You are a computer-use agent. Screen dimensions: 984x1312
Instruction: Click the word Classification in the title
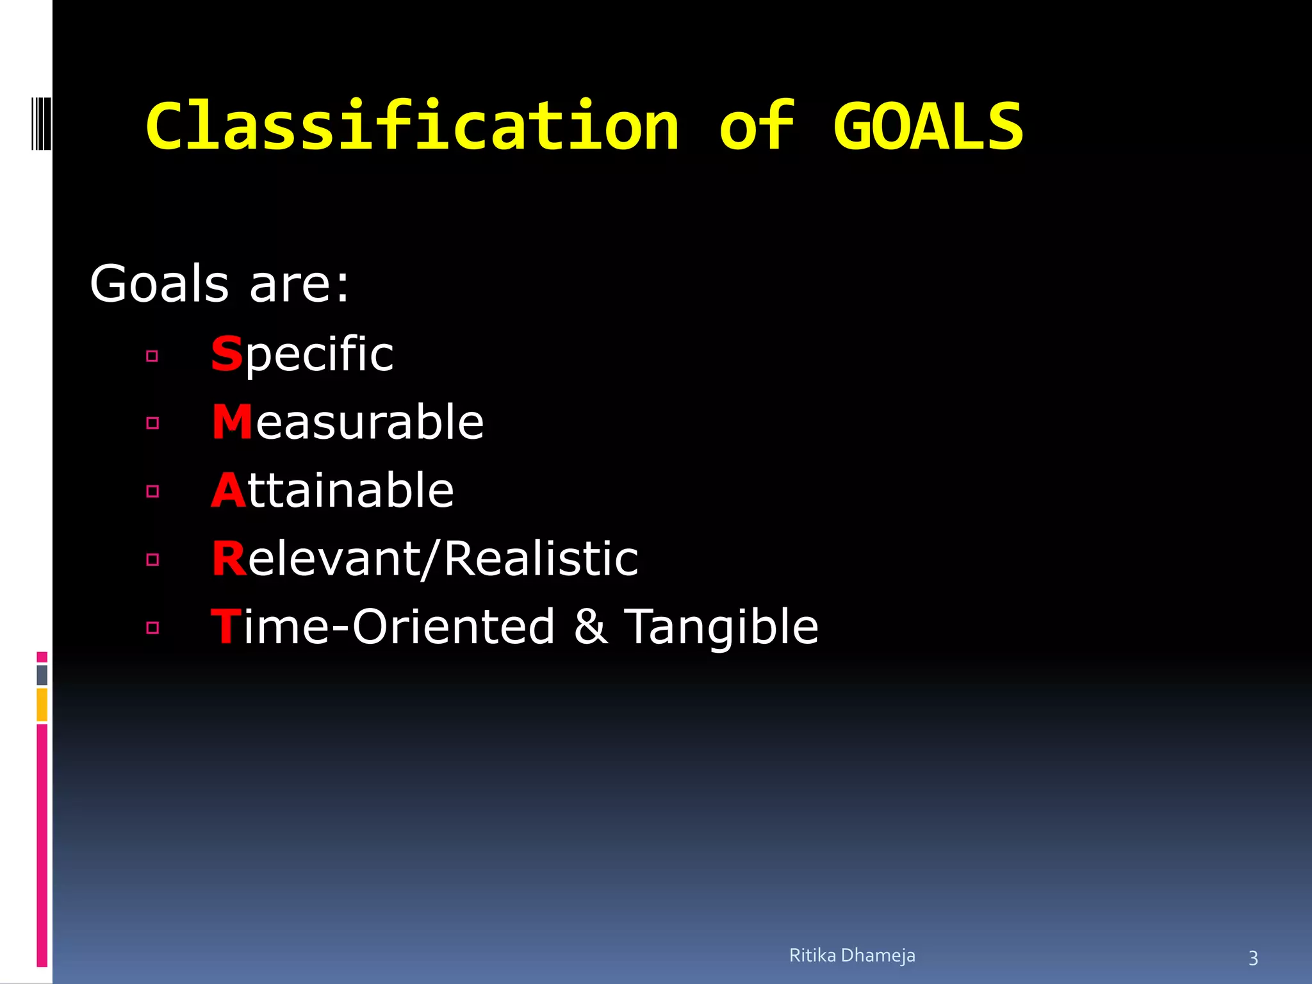tap(412, 126)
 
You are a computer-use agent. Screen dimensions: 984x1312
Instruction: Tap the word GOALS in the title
tap(928, 127)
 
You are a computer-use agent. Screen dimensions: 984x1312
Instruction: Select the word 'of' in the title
tap(757, 126)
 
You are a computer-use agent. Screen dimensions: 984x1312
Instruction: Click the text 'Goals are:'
tap(220, 284)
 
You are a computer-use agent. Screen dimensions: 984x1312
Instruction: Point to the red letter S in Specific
tap(227, 354)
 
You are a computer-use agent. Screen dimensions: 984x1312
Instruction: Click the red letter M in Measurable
tap(232, 422)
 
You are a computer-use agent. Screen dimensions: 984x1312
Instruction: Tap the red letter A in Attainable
tap(229, 491)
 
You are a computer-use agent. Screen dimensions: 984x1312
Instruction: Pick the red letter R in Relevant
tap(229, 559)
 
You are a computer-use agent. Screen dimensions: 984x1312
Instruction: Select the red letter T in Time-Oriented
tap(225, 627)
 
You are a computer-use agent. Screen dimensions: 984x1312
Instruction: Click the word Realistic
tap(541, 559)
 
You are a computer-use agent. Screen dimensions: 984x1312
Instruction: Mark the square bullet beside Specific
tap(152, 356)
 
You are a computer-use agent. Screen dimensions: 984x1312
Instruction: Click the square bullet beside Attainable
tap(152, 491)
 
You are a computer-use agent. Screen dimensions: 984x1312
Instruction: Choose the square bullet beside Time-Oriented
tap(152, 628)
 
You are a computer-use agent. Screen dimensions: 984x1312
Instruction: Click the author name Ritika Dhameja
tap(852, 955)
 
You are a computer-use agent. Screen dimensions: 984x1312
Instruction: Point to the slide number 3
tap(1253, 958)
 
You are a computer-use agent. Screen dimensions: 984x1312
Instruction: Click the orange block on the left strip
tap(42, 704)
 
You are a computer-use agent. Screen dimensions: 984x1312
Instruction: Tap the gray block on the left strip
tap(42, 675)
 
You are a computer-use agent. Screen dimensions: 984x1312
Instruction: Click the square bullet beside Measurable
tap(152, 423)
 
